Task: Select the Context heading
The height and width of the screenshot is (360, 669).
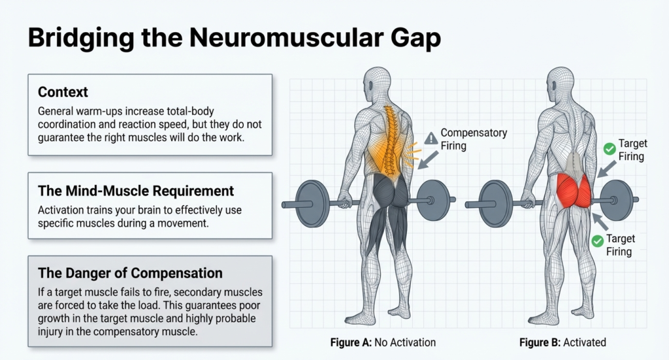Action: click(62, 91)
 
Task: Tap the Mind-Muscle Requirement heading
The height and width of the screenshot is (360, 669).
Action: click(136, 191)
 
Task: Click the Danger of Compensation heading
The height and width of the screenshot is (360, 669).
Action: click(130, 272)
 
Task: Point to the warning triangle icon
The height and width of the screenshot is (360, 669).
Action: click(431, 138)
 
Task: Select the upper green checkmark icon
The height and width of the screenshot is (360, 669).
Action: click(610, 150)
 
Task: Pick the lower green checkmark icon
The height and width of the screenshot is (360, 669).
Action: click(596, 241)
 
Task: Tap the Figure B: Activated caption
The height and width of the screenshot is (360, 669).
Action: click(563, 342)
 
